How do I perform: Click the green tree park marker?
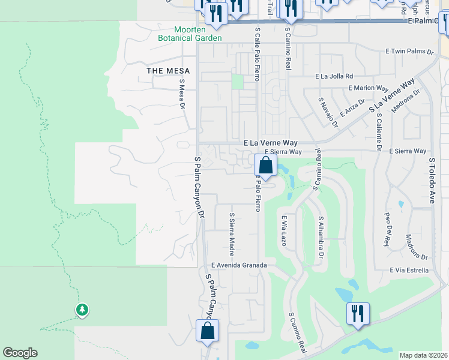[x=82, y=310]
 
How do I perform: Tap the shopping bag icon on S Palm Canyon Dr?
[x=207, y=331]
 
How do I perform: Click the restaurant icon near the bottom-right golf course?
[x=358, y=314]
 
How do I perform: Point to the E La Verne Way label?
[x=271, y=143]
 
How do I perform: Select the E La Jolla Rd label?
[x=334, y=76]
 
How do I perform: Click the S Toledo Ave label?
[x=431, y=181]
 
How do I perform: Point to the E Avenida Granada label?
[x=238, y=265]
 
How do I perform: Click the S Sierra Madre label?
[x=232, y=234]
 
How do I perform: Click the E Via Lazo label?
[x=283, y=231]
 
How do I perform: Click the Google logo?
[x=20, y=353]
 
